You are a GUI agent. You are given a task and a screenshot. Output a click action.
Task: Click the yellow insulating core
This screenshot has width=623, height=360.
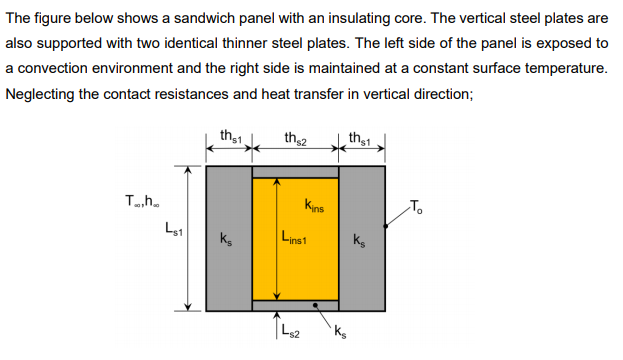(x=295, y=270)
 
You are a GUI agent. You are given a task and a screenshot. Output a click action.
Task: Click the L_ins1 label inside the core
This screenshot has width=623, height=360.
(x=295, y=239)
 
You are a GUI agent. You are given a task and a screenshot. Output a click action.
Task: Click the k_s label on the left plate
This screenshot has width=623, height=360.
(x=228, y=240)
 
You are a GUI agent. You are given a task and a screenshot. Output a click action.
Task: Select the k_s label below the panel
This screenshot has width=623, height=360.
(x=344, y=333)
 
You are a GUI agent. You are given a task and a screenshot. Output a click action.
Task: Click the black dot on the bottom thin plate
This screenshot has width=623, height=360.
(x=316, y=306)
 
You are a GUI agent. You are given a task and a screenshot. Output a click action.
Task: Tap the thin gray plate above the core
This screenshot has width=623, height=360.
(x=295, y=172)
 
